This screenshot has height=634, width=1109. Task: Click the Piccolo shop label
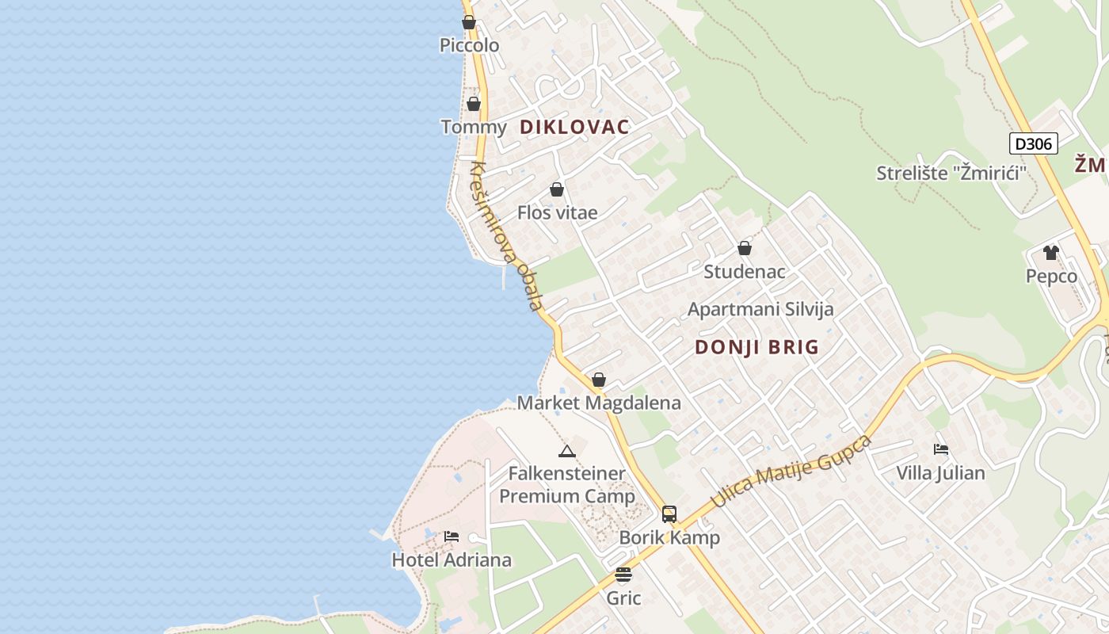coord(469,45)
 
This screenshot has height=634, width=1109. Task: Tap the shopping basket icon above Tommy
coord(474,104)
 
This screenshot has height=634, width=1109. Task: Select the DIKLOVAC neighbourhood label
coord(574,127)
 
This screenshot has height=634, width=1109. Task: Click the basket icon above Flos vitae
coord(557,189)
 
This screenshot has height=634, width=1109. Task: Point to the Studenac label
coord(745,272)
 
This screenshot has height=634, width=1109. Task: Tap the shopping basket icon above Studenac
coord(745,248)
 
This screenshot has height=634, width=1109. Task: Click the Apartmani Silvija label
coord(760,309)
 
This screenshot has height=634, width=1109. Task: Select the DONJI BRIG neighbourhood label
coord(756,347)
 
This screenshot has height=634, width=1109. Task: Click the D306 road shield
coord(1034,143)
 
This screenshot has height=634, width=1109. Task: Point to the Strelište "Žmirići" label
coord(946,173)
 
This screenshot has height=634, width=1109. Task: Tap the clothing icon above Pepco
coord(1051,253)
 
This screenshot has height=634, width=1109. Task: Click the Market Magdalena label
coord(599,403)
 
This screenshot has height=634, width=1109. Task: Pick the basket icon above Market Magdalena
coord(599,380)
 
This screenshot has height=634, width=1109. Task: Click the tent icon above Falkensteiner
coord(566,451)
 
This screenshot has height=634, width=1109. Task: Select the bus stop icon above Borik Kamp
coord(669,514)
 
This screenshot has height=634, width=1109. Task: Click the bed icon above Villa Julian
coord(941,449)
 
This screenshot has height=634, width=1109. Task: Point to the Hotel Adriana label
coord(452,560)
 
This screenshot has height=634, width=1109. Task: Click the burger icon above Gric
coord(623,575)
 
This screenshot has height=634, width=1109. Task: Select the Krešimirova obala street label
coord(507,235)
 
